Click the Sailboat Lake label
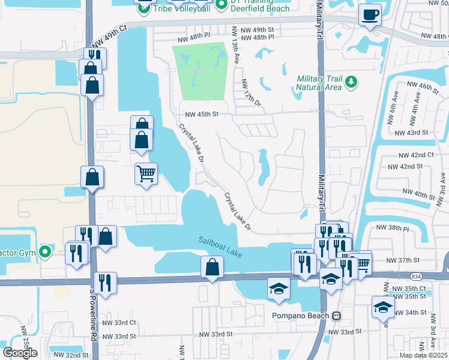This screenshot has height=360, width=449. [220, 247]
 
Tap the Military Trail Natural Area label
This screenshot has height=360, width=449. [319, 83]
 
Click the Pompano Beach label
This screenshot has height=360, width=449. [300, 316]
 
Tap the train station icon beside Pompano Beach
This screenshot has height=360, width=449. [337, 316]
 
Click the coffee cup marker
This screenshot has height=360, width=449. [370, 14]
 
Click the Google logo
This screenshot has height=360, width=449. [20, 353]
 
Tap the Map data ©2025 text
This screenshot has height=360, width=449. [424, 355]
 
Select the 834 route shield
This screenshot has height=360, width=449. [416, 275]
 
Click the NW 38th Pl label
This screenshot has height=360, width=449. [393, 229]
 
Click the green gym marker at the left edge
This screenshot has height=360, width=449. [44, 251]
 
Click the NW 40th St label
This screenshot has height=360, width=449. [419, 195]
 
